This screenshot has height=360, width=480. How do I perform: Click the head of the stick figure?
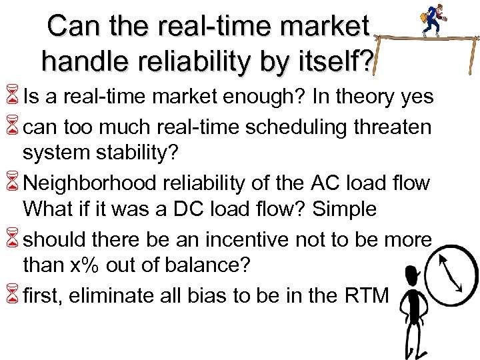click(412, 273)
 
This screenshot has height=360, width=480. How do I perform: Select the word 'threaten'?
click(394, 127)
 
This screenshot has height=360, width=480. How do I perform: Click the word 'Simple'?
click(345, 209)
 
